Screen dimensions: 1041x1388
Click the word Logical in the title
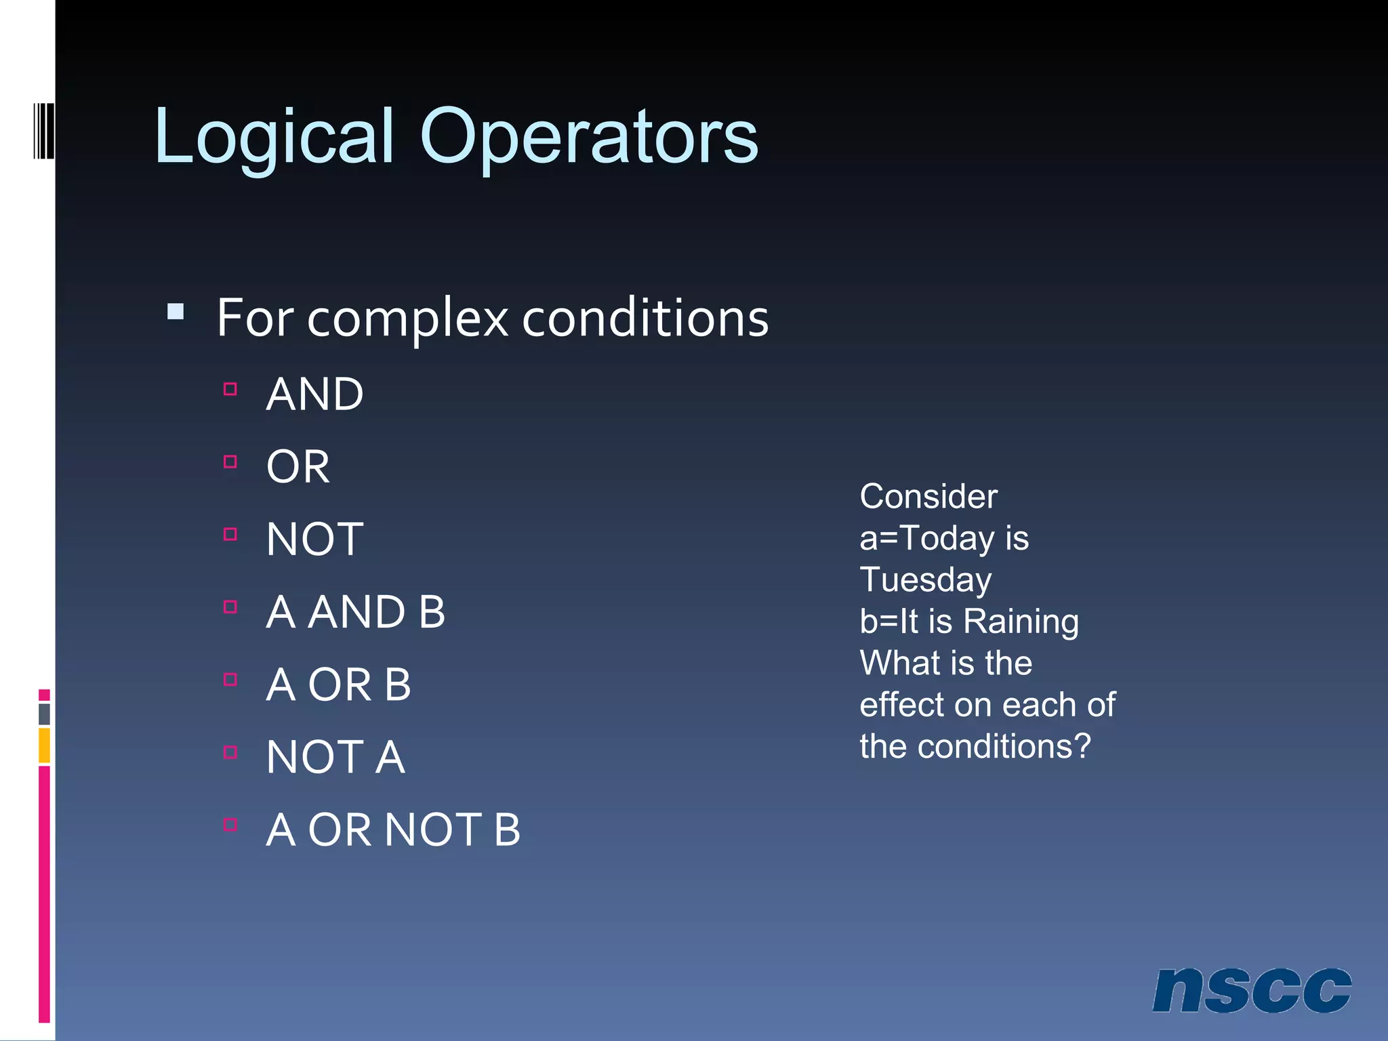click(274, 138)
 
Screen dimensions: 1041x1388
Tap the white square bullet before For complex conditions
click(176, 311)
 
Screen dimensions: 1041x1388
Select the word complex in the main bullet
click(407, 318)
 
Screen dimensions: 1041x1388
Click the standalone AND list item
click(314, 394)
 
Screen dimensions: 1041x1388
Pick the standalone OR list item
click(298, 467)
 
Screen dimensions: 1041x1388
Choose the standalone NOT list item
click(314, 539)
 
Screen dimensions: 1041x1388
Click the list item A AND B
click(355, 612)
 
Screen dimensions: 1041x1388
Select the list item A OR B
click(338, 685)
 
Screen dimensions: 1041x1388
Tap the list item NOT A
click(335, 757)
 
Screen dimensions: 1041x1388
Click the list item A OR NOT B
click(393, 830)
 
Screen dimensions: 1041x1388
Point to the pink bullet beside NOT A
click(230, 752)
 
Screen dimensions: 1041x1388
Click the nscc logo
click(1251, 990)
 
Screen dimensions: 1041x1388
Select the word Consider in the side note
click(928, 497)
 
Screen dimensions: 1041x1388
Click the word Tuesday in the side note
click(925, 580)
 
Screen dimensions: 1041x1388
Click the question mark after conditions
click(1082, 746)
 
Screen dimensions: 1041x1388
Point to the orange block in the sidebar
click(44, 746)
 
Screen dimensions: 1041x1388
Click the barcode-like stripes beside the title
click(44, 130)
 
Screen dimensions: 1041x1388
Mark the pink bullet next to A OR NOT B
click(230, 825)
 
